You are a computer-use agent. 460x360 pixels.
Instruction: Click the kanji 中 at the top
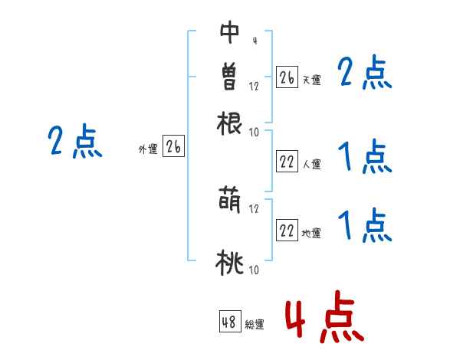[x=229, y=32]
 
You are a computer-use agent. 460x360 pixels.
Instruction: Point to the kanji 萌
[x=229, y=201]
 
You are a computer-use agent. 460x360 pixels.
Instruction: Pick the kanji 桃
[x=229, y=263]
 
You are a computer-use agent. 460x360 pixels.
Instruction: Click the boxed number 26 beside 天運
[x=287, y=77]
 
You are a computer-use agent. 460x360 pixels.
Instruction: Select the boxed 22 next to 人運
[x=287, y=161]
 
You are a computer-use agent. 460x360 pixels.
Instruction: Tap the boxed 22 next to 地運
[x=287, y=231]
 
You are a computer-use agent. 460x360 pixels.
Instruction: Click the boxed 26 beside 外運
[x=173, y=148]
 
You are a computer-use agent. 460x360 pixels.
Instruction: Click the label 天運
[x=311, y=80]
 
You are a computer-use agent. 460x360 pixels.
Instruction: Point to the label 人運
[x=311, y=163]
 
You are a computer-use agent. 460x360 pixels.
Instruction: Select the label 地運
[x=311, y=233]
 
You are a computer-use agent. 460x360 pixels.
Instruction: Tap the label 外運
[x=148, y=150]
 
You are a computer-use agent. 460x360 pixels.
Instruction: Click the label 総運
[x=255, y=324]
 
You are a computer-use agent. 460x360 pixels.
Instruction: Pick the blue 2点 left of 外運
[x=74, y=142]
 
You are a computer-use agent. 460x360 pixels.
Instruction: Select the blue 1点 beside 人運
[x=364, y=158]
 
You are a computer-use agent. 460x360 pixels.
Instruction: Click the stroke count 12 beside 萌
[x=254, y=208]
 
